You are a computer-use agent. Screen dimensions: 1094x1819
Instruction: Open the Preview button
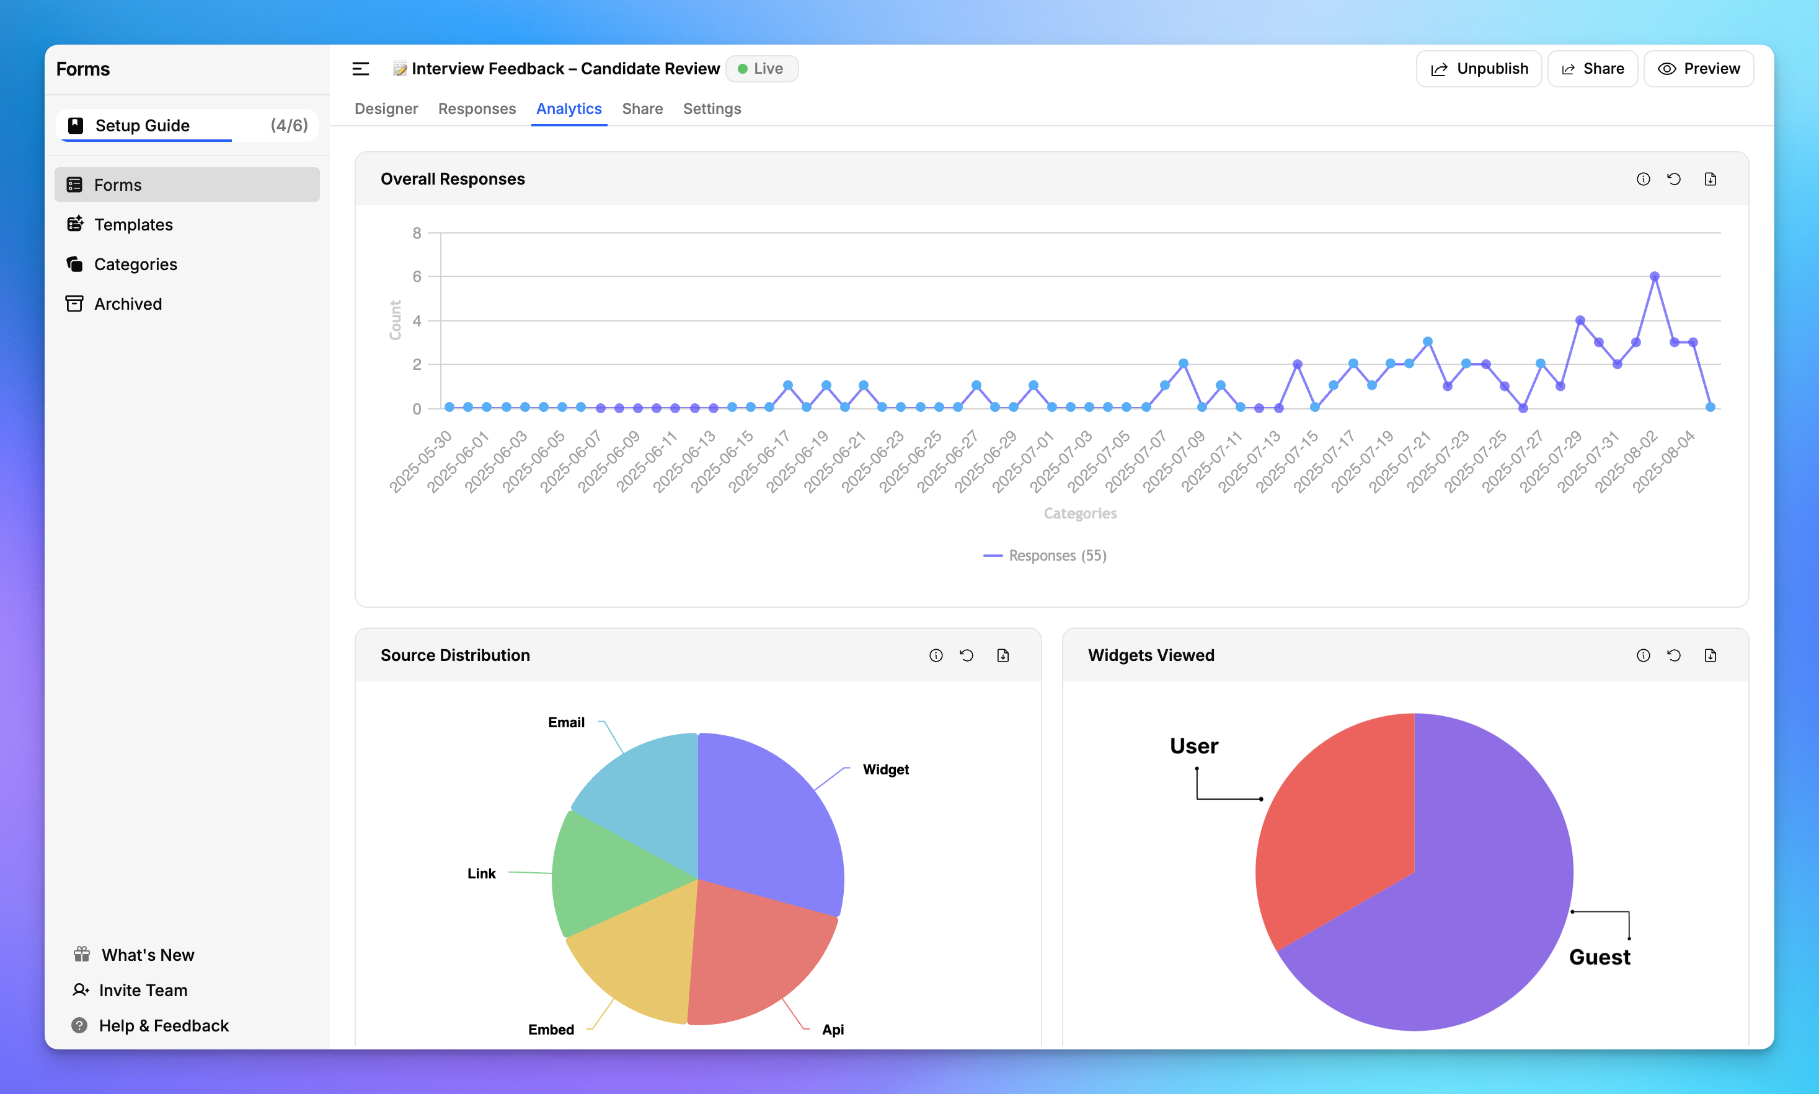1698,69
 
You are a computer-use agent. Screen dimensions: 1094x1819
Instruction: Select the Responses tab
477,108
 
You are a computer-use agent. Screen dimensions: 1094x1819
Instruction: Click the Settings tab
711,108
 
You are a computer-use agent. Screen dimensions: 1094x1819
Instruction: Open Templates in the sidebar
133,224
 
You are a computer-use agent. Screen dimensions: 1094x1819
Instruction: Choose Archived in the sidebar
128,304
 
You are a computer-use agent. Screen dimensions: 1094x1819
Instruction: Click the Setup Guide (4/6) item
187,125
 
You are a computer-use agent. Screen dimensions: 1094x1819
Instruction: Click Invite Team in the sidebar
143,990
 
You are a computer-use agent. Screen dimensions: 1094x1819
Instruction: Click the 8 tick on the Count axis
417,233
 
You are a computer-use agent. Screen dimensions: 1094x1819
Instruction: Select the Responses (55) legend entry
1045,555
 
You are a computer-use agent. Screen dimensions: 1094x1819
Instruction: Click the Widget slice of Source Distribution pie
767,818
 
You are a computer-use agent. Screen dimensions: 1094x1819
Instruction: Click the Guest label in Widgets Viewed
1598,957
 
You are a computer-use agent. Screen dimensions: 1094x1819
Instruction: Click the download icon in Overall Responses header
1710,179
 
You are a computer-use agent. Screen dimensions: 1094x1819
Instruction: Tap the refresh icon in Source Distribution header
967,655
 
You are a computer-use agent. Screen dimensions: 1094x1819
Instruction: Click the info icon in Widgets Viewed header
1643,655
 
